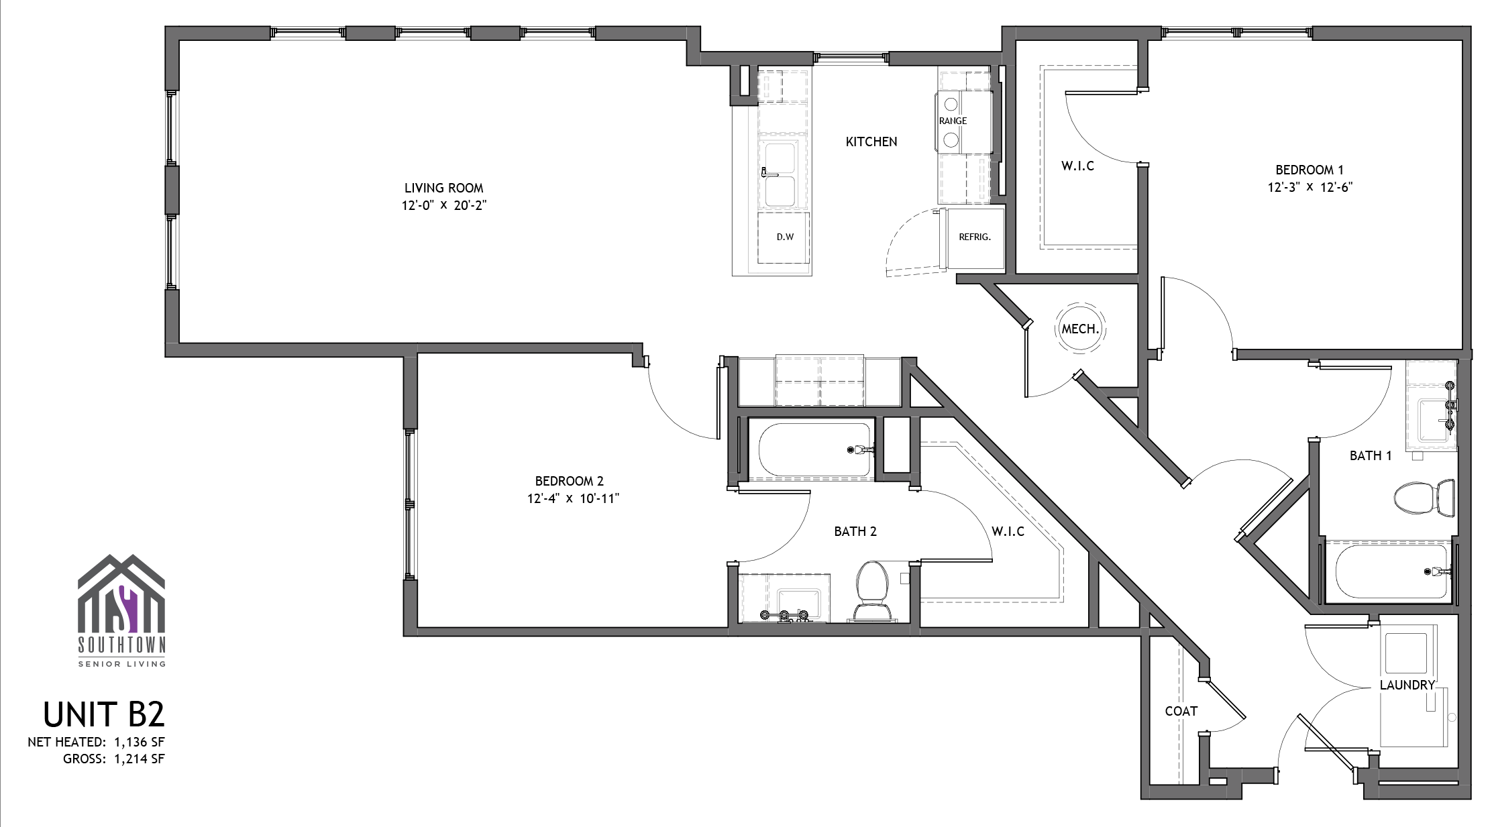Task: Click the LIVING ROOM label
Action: (x=443, y=188)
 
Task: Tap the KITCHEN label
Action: (x=871, y=142)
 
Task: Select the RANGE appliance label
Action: (x=953, y=121)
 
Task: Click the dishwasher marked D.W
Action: (x=784, y=237)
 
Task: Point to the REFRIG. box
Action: (x=974, y=237)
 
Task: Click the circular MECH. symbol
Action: (x=1079, y=328)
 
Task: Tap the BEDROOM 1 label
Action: (x=1310, y=170)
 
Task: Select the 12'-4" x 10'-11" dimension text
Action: (x=573, y=498)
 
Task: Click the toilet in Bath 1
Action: (x=1424, y=497)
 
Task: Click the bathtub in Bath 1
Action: (x=1391, y=571)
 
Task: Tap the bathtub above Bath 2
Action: (x=816, y=449)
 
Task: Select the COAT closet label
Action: (x=1181, y=711)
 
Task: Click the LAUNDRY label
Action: (x=1407, y=685)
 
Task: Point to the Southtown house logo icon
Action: (x=121, y=594)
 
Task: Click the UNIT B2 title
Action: (x=104, y=714)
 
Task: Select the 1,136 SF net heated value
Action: (x=139, y=742)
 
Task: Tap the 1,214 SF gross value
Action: (x=139, y=759)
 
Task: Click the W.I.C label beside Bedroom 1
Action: (x=1077, y=166)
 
